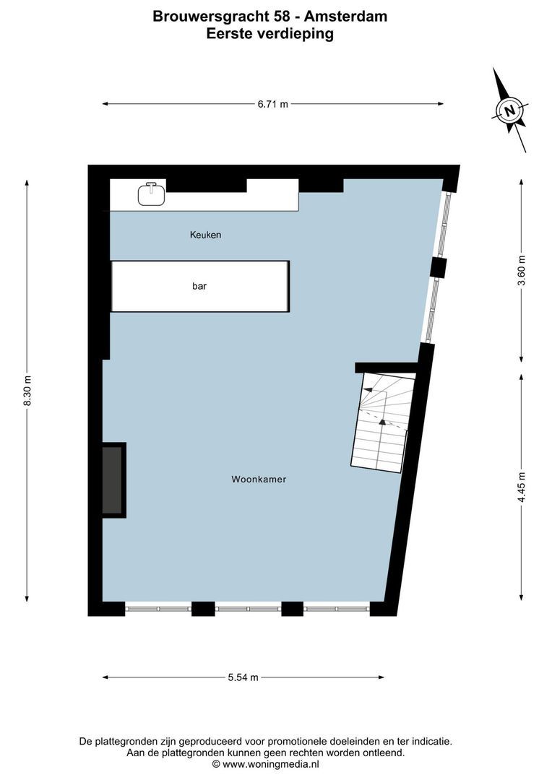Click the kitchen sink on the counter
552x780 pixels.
151,194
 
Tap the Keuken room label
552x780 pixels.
205,235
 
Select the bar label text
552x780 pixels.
199,286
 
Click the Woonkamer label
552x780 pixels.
259,479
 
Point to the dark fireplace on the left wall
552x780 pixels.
113,480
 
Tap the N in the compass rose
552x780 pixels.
510,110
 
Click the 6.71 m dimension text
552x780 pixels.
272,104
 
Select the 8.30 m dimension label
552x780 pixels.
27,391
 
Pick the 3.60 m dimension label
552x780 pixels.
522,272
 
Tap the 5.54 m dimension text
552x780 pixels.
243,677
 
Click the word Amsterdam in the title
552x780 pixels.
353,16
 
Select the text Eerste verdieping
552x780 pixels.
269,33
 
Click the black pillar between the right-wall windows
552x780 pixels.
438,268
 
